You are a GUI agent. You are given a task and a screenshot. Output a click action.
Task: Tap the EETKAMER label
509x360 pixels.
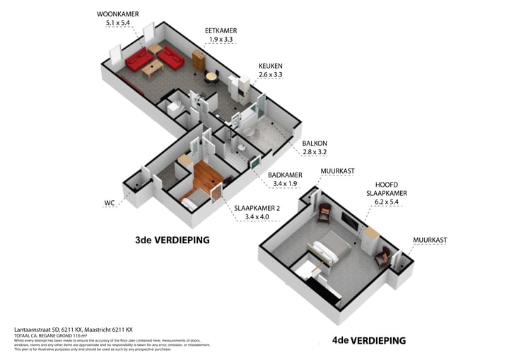(x=220, y=31)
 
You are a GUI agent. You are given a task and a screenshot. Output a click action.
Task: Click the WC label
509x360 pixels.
(x=110, y=202)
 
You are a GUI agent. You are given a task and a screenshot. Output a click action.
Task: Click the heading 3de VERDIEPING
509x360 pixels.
(x=172, y=240)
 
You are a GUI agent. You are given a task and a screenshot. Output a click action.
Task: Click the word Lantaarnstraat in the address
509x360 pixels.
(x=35, y=329)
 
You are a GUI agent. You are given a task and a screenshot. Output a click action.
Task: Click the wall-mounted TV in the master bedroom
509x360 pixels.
(x=349, y=220)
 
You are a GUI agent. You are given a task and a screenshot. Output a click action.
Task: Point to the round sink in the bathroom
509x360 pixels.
(x=241, y=148)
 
